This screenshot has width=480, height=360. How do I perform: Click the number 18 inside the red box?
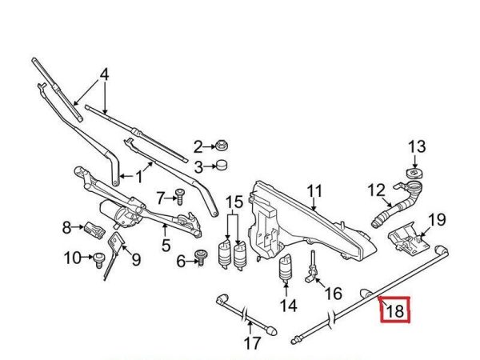(x=395, y=310)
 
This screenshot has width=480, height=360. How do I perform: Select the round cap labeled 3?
(x=222, y=165)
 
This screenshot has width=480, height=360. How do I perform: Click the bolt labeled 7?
(x=180, y=197)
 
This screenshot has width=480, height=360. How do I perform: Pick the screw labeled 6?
(x=201, y=258)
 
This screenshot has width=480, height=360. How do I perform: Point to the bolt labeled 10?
(x=98, y=260)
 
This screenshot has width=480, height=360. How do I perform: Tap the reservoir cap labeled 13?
(x=414, y=174)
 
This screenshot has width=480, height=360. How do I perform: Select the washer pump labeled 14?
(x=286, y=269)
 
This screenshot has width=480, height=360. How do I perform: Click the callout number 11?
(x=314, y=191)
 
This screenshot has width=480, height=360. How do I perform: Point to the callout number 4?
(x=104, y=74)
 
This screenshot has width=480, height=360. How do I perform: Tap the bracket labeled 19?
(x=408, y=238)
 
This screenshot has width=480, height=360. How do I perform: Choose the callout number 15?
(x=234, y=202)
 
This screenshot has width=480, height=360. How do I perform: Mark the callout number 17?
(x=253, y=343)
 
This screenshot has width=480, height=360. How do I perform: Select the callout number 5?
(x=166, y=246)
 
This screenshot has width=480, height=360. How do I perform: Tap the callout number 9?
(x=136, y=259)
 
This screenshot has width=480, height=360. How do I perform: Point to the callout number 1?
(x=139, y=177)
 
